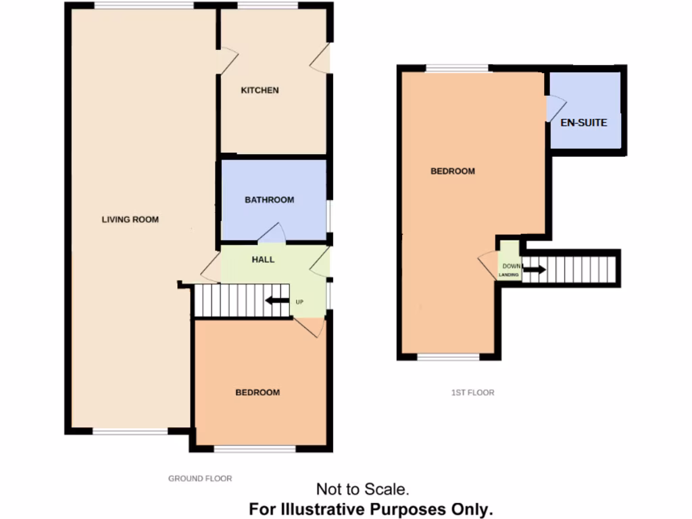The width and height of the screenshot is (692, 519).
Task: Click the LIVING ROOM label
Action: [x=130, y=219]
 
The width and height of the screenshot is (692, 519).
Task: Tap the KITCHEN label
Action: [x=260, y=91]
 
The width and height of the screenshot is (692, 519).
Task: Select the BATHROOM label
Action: [x=269, y=200]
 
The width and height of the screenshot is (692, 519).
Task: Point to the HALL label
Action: [x=263, y=259]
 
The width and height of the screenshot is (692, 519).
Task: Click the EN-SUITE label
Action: [x=584, y=123]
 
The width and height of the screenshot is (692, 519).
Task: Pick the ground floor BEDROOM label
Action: [x=257, y=393]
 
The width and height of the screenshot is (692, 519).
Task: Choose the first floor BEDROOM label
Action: [x=453, y=172]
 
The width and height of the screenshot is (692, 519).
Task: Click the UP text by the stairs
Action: [x=299, y=301]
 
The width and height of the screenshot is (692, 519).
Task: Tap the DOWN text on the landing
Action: [x=512, y=266]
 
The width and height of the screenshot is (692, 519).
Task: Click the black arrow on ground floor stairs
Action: [x=277, y=301]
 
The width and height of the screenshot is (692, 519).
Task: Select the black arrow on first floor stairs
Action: [x=534, y=270]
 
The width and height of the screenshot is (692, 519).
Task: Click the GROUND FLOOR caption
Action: [x=200, y=478]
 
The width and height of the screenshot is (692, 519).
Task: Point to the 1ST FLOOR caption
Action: [x=474, y=393]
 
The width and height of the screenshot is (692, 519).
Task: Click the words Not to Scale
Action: [x=362, y=489]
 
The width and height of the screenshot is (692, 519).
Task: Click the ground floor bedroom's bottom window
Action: [x=255, y=449]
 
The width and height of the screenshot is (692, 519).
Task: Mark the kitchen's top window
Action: [x=268, y=7]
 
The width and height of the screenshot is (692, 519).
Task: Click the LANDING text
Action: [x=510, y=276]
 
